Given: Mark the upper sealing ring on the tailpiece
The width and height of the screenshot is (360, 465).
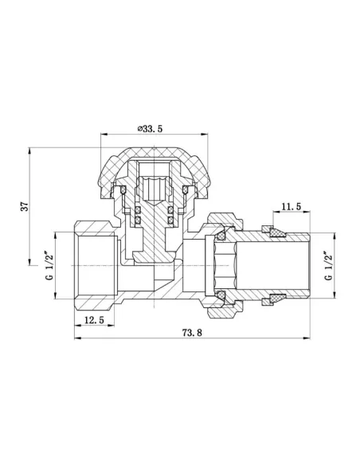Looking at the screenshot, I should [x=275, y=233].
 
